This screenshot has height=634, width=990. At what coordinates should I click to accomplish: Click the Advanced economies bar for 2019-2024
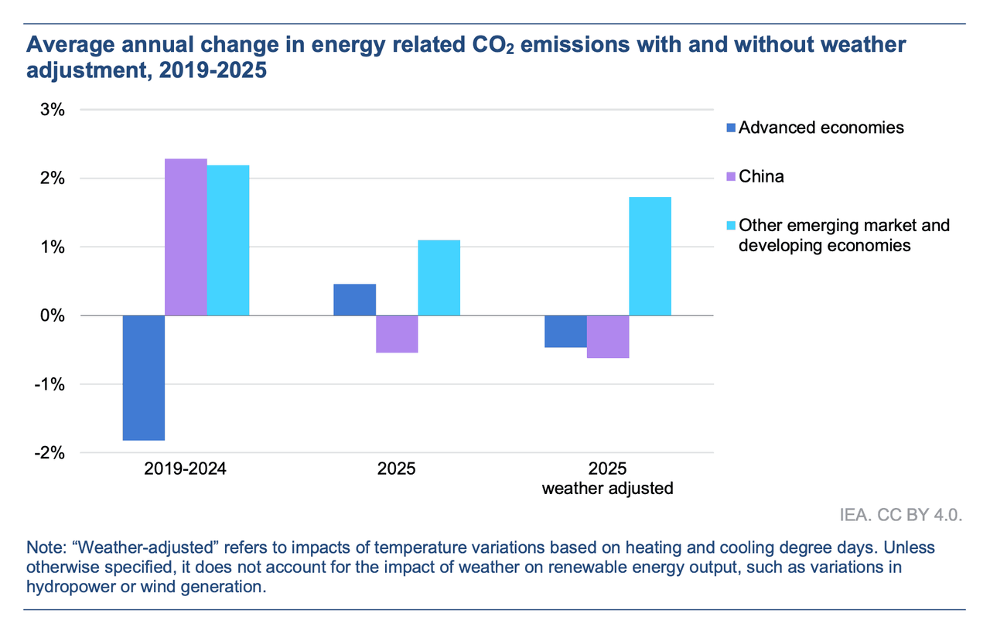(144, 377)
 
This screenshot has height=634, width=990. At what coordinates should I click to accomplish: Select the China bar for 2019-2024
(186, 237)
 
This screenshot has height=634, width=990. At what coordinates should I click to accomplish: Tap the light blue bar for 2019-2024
(228, 240)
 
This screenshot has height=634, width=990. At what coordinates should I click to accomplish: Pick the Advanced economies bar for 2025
(354, 300)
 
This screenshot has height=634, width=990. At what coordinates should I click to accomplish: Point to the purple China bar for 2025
(397, 334)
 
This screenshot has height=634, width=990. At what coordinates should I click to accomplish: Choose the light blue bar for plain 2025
(439, 278)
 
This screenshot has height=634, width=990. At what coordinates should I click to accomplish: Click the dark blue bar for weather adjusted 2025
(565, 332)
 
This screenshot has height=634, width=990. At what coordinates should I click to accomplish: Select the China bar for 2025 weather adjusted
(608, 337)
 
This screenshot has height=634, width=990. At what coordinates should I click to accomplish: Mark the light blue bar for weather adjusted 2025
(650, 256)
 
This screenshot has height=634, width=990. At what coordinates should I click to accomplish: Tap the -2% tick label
(50, 453)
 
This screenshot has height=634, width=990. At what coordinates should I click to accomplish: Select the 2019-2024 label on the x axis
(186, 469)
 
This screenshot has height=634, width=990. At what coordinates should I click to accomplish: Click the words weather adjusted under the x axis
(608, 489)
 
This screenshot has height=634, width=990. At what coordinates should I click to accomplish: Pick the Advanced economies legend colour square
(731, 128)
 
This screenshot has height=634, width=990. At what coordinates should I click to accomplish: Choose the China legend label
(761, 176)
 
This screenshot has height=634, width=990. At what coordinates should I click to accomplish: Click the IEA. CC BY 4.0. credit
(902, 516)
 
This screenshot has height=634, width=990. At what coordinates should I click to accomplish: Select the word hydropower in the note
(66, 588)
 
